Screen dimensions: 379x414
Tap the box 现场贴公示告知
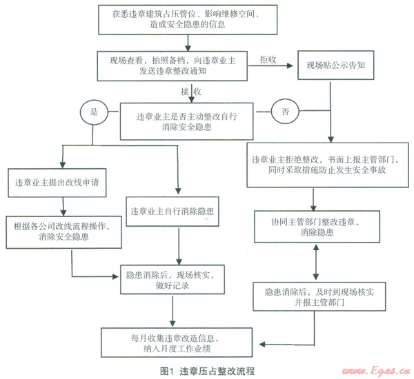click(x=335, y=68)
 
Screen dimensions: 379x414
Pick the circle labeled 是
click(x=91, y=110)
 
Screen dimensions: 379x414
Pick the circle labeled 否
click(x=285, y=110)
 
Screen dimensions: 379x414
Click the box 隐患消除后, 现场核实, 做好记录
click(x=173, y=279)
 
